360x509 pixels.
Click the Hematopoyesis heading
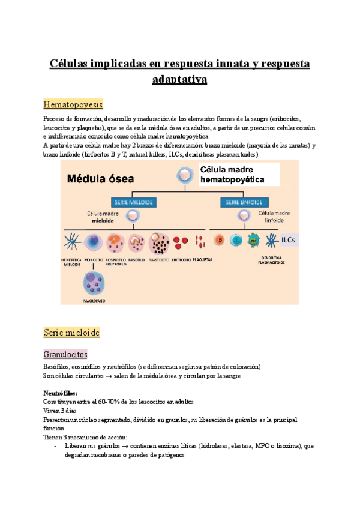[x=73, y=104]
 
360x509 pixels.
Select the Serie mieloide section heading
[x=71, y=332]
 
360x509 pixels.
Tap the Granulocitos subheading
[x=65, y=354]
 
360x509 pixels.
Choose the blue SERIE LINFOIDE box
[x=245, y=202]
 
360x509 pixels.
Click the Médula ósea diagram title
[x=100, y=178]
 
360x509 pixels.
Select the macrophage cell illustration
[x=94, y=283]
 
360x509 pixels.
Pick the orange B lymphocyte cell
[x=220, y=241]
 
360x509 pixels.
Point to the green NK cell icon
[x=254, y=241]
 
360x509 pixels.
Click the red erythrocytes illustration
[x=181, y=242]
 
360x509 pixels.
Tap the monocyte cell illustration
[x=94, y=242]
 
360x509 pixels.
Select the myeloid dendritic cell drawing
[x=71, y=242]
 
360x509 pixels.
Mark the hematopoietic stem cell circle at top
[x=184, y=176]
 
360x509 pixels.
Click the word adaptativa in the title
[x=179, y=79]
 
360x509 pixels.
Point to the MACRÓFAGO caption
[x=94, y=299]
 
